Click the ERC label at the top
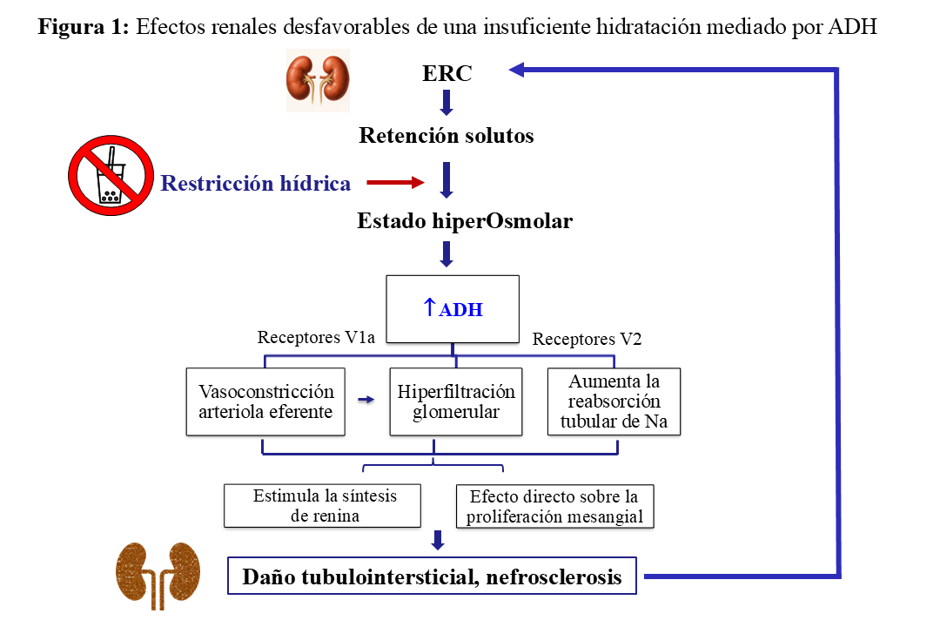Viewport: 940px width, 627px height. pos(446,73)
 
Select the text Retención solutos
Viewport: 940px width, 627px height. pos(446,136)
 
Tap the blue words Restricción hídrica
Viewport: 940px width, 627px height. pos(256,184)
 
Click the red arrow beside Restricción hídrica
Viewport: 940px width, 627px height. pos(395,183)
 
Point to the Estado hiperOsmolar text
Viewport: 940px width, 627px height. pos(465,221)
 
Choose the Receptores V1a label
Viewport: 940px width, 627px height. pos(316,338)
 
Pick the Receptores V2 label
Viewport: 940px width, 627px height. pos(587,340)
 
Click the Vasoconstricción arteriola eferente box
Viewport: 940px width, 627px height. pos(265,401)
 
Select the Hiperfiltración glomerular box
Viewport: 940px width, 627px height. pos(455,401)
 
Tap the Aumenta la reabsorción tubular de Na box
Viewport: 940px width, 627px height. pos(614,401)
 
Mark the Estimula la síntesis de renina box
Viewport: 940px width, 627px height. pos(323,506)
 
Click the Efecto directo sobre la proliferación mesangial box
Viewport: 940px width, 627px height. pos(554,506)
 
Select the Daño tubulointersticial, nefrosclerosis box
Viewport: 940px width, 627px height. pos(432,576)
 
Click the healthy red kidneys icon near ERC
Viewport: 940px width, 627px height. pos(318,81)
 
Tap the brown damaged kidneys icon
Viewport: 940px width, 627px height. pos(158,575)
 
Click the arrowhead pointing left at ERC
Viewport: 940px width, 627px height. pos(516,70)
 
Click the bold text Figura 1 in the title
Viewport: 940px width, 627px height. pos(84,26)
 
